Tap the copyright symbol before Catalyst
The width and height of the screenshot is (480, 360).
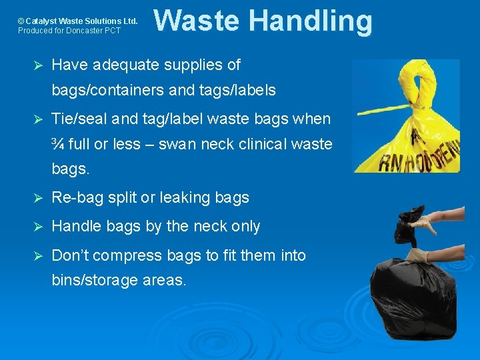pos(21,21)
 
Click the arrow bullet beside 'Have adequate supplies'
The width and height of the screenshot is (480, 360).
pos(38,65)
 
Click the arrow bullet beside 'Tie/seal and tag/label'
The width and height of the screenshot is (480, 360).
pos(38,119)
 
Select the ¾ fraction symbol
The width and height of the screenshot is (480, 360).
pos(57,144)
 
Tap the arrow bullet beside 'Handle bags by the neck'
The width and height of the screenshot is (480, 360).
pos(38,227)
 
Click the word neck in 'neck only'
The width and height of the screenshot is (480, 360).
pos(207,227)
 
